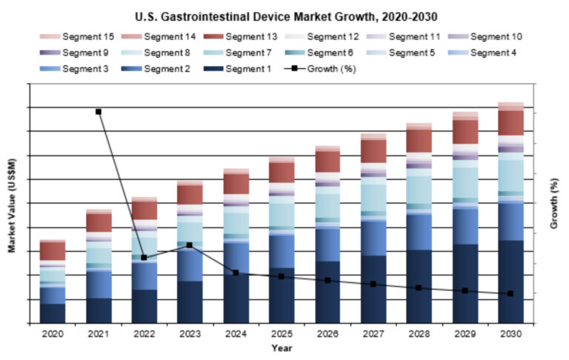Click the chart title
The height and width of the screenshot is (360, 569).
[284, 16]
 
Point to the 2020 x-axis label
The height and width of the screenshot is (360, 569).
[52, 334]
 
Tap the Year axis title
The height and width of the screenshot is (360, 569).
[282, 347]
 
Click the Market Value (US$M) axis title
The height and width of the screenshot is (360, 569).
[12, 205]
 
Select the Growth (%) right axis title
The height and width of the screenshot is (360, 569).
[554, 205]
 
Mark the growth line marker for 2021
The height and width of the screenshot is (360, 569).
[99, 112]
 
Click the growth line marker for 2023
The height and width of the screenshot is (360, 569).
[190, 245]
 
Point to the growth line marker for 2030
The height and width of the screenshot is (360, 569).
[510, 294]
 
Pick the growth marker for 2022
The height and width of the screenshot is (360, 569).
[144, 258]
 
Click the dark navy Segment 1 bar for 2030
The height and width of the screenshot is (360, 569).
[510, 281]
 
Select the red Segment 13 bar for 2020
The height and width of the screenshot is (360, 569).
[52, 250]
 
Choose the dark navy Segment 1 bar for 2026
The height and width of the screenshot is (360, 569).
[327, 292]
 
